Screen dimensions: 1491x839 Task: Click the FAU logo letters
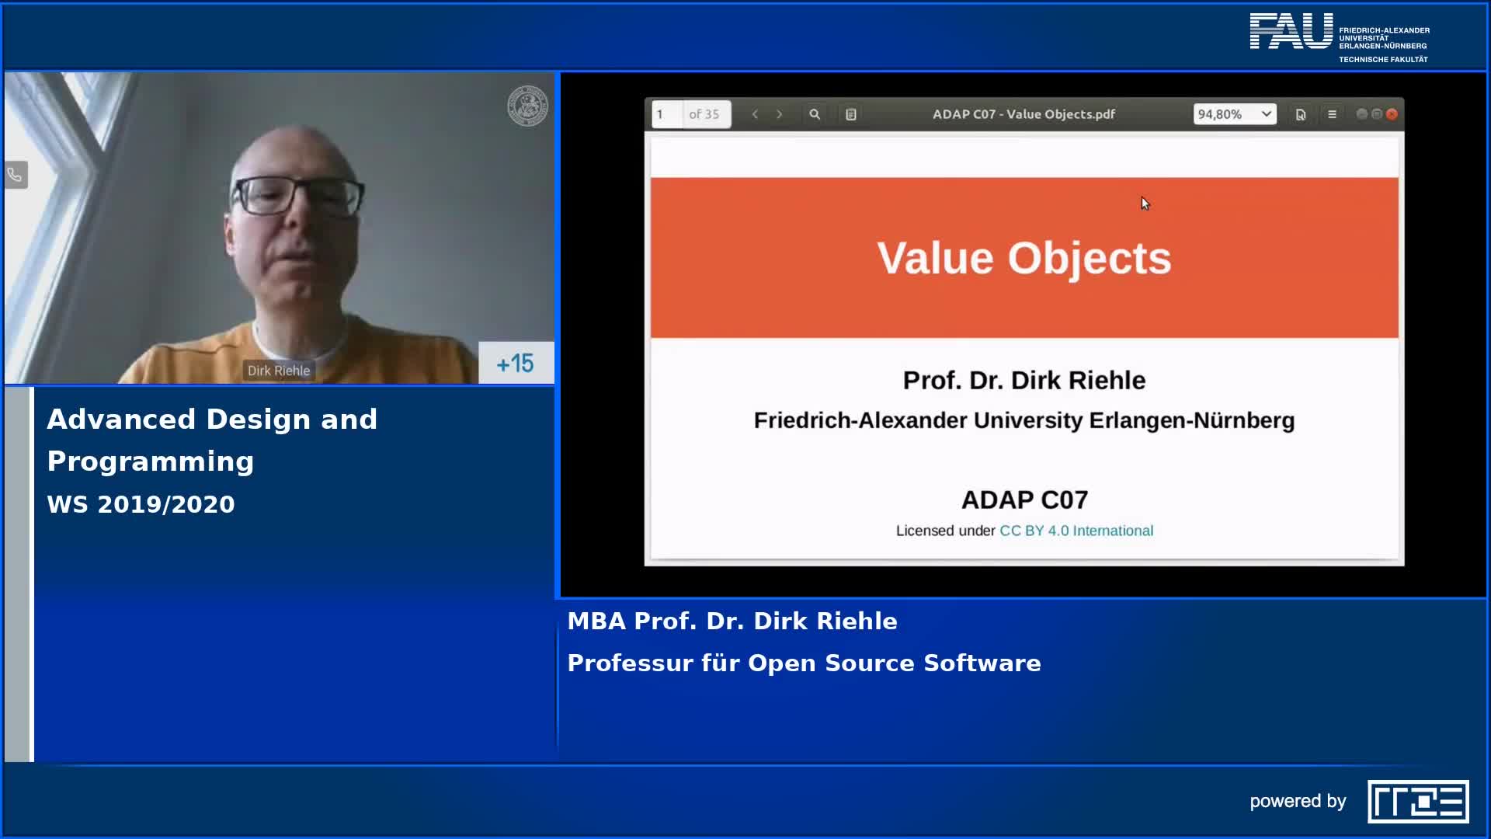(1291, 31)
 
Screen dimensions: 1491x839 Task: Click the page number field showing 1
(667, 114)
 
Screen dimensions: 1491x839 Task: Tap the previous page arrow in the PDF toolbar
(755, 114)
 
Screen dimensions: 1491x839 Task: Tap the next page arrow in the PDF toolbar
(780, 114)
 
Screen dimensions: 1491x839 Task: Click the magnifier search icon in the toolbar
(815, 114)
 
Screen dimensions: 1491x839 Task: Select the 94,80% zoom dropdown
(1235, 114)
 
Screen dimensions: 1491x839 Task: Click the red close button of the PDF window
(1392, 114)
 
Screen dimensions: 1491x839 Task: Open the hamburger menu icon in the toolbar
(1332, 114)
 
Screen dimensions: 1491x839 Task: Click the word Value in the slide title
(935, 258)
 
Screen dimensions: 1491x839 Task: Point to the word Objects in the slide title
(1090, 259)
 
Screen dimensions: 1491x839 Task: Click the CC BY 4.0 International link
(1076, 531)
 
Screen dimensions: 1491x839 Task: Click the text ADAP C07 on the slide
(1024, 500)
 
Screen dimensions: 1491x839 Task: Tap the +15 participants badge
(516, 363)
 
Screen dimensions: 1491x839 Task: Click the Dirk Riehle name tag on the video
(279, 371)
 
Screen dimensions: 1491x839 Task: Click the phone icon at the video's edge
(16, 175)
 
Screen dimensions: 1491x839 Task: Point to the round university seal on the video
(528, 106)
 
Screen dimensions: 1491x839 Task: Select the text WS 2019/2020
(141, 504)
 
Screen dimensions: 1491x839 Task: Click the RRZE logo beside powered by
(1418, 801)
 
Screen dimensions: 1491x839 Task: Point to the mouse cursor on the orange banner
(1145, 203)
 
